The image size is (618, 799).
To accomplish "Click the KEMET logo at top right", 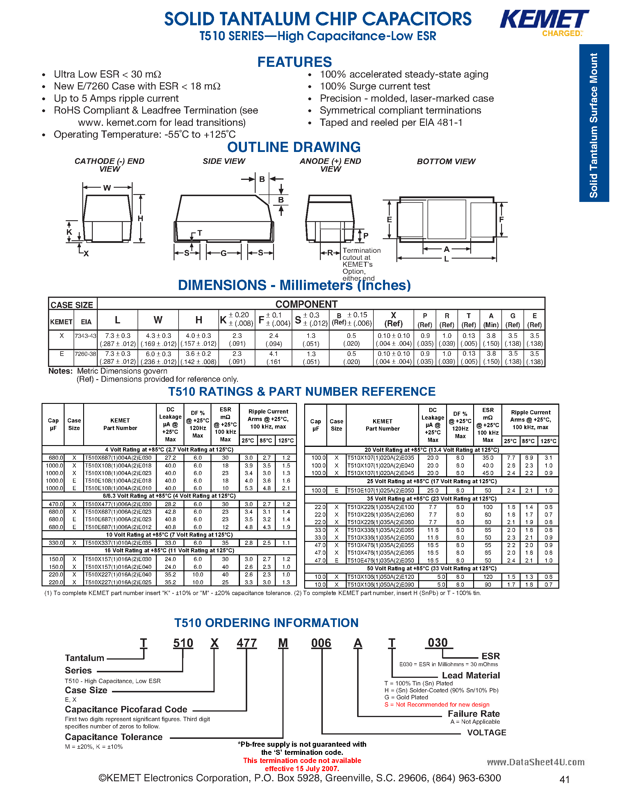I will click(x=544, y=20).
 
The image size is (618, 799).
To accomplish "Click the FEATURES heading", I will click(x=294, y=62).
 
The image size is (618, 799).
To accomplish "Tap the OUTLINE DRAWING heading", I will click(x=294, y=147).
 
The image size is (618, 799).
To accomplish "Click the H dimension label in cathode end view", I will click(x=140, y=218).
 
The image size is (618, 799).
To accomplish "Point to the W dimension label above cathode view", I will click(x=107, y=188).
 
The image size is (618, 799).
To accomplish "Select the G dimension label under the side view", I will click(x=223, y=253).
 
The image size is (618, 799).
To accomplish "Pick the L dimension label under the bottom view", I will click(x=446, y=259).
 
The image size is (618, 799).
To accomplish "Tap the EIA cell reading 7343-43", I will click(x=85, y=336).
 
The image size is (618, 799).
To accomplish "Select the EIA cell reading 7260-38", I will click(x=85, y=354).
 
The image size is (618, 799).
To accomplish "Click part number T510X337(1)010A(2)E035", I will click(x=118, y=543).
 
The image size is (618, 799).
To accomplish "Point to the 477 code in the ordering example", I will click(x=246, y=643).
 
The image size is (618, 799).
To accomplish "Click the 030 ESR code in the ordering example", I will click(x=438, y=643).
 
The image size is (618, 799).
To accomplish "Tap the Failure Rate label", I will click(x=473, y=714).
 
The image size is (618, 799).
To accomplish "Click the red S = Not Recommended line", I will click(x=437, y=705).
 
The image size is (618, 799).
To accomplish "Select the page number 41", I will click(x=564, y=780).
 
